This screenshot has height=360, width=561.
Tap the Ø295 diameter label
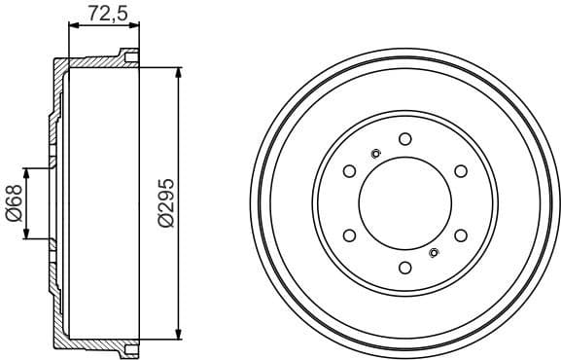point(166,202)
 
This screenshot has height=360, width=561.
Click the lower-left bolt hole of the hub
point(348,236)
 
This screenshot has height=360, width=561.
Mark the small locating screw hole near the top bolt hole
point(376,152)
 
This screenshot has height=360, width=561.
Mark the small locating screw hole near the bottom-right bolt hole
point(434,254)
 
